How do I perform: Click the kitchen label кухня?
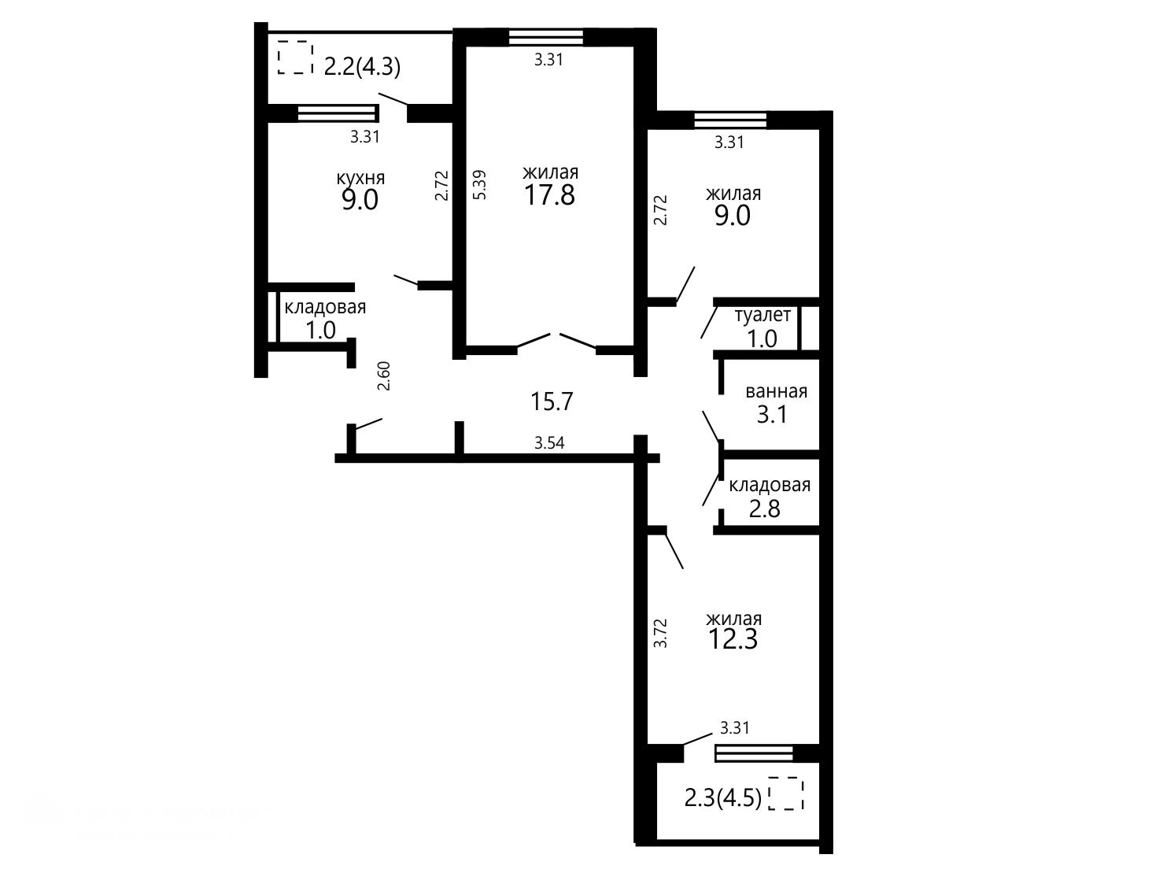pos(360,178)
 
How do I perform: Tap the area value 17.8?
pos(549,194)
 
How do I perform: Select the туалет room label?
pos(762,316)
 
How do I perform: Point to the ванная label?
pos(776,392)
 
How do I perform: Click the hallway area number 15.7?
pos(552,401)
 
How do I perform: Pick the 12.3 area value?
pos(733,638)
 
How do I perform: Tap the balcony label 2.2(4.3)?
pos(362,68)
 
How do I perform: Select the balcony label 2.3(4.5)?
pos(722,797)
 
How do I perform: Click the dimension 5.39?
pos(479,184)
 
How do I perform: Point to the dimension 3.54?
pos(549,442)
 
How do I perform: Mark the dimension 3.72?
pos(660,633)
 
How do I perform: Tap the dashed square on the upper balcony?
pos(295,57)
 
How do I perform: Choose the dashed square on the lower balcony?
pos(786,793)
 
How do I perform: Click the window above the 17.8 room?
pos(546,38)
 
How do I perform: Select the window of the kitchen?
pos(338,113)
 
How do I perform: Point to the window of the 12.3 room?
pos(754,753)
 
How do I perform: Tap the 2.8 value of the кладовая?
pos(765,509)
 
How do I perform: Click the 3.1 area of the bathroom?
pos(772,414)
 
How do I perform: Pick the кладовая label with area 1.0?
pos(325,308)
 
